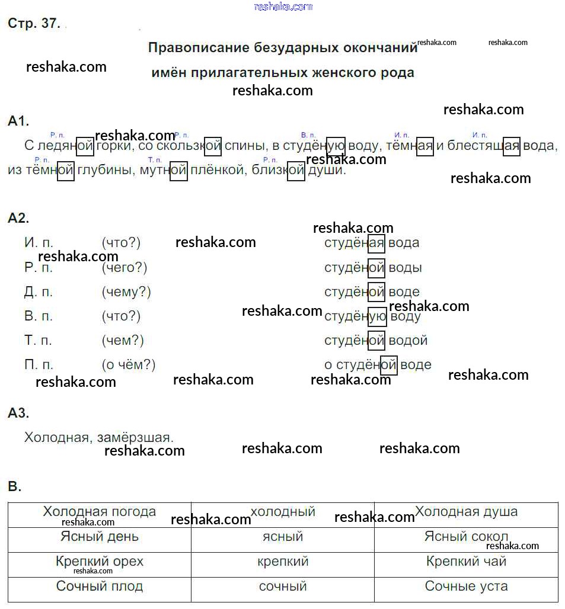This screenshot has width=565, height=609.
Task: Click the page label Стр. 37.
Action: click(x=34, y=24)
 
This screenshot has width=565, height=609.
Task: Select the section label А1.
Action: click(x=18, y=121)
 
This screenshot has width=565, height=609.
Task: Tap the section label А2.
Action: click(x=18, y=218)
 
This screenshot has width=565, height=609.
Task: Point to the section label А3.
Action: click(x=18, y=413)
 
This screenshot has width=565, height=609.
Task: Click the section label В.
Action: click(x=14, y=487)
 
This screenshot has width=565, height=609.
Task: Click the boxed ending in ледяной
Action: click(x=85, y=146)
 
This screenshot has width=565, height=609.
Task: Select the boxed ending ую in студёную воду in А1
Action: click(x=336, y=146)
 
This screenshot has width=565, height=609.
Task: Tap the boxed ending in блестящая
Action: click(x=511, y=146)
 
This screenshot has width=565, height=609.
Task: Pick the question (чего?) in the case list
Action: click(x=124, y=268)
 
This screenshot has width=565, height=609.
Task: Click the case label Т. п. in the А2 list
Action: click(x=39, y=341)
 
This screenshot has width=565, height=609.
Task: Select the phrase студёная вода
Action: click(x=372, y=243)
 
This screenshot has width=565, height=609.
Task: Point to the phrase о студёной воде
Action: click(x=378, y=365)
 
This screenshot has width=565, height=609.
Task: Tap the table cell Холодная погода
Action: click(x=100, y=512)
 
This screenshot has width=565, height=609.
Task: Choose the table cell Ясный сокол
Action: click(x=466, y=537)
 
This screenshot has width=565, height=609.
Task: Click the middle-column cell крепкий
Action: click(x=283, y=562)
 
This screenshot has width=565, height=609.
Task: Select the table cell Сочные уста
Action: click(x=466, y=586)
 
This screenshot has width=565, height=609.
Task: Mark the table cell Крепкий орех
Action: click(x=100, y=562)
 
